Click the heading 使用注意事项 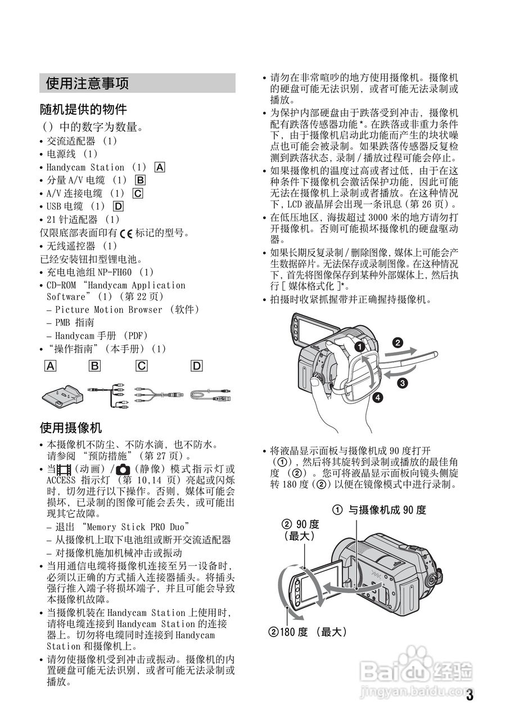click(x=87, y=84)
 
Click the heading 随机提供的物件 click(x=83, y=109)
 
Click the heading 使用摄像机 click(x=71, y=427)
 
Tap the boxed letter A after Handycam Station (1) click(x=160, y=167)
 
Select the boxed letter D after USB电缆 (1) click(x=118, y=206)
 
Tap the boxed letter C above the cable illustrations click(x=142, y=366)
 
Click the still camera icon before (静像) click(x=123, y=469)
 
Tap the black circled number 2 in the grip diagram click(x=397, y=341)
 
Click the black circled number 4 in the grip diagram click(x=378, y=398)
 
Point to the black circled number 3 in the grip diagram click(x=403, y=384)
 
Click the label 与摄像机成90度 click(x=387, y=510)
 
